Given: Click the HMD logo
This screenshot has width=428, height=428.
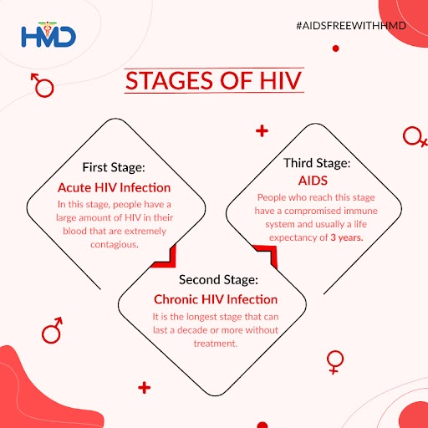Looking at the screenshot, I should tap(48, 36).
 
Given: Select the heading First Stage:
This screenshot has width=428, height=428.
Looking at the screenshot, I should tap(115, 166).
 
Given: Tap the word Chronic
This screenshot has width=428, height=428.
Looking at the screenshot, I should tap(178, 298).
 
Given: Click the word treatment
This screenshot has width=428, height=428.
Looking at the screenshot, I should tap(214, 343).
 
